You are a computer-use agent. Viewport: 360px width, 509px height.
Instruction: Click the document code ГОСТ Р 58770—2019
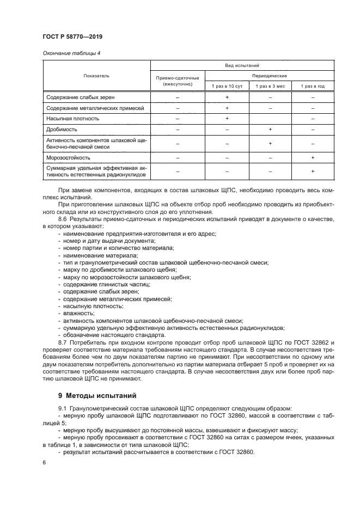click(72, 36)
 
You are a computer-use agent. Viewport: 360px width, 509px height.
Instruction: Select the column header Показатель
click(96, 76)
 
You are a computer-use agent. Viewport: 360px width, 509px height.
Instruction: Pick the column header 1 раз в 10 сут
click(227, 86)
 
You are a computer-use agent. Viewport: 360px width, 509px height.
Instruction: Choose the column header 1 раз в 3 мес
click(270, 86)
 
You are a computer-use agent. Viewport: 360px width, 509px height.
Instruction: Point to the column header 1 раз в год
click(313, 86)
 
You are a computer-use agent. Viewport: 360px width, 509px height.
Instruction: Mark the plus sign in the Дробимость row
click(270, 130)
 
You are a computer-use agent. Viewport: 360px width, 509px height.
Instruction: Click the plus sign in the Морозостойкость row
click(313, 157)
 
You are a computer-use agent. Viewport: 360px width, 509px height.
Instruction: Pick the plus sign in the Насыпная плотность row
click(227, 118)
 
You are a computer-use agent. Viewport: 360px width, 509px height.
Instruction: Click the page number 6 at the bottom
click(44, 462)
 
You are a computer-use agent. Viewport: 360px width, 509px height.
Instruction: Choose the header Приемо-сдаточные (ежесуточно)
click(178, 82)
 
